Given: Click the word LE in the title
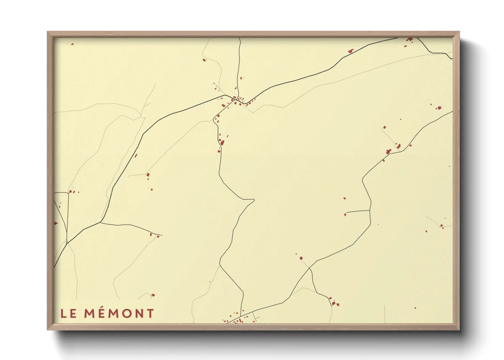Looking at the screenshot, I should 68,313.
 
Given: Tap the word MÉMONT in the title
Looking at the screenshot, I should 119,313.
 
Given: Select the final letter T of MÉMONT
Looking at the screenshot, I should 150,313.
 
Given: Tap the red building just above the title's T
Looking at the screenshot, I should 153,295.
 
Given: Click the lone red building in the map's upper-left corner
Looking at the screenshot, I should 72,44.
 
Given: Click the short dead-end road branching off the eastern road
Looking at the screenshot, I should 358,211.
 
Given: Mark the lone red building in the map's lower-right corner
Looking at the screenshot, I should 415,308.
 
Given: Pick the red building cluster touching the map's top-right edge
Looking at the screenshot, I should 410,40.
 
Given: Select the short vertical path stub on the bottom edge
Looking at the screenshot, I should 385,314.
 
